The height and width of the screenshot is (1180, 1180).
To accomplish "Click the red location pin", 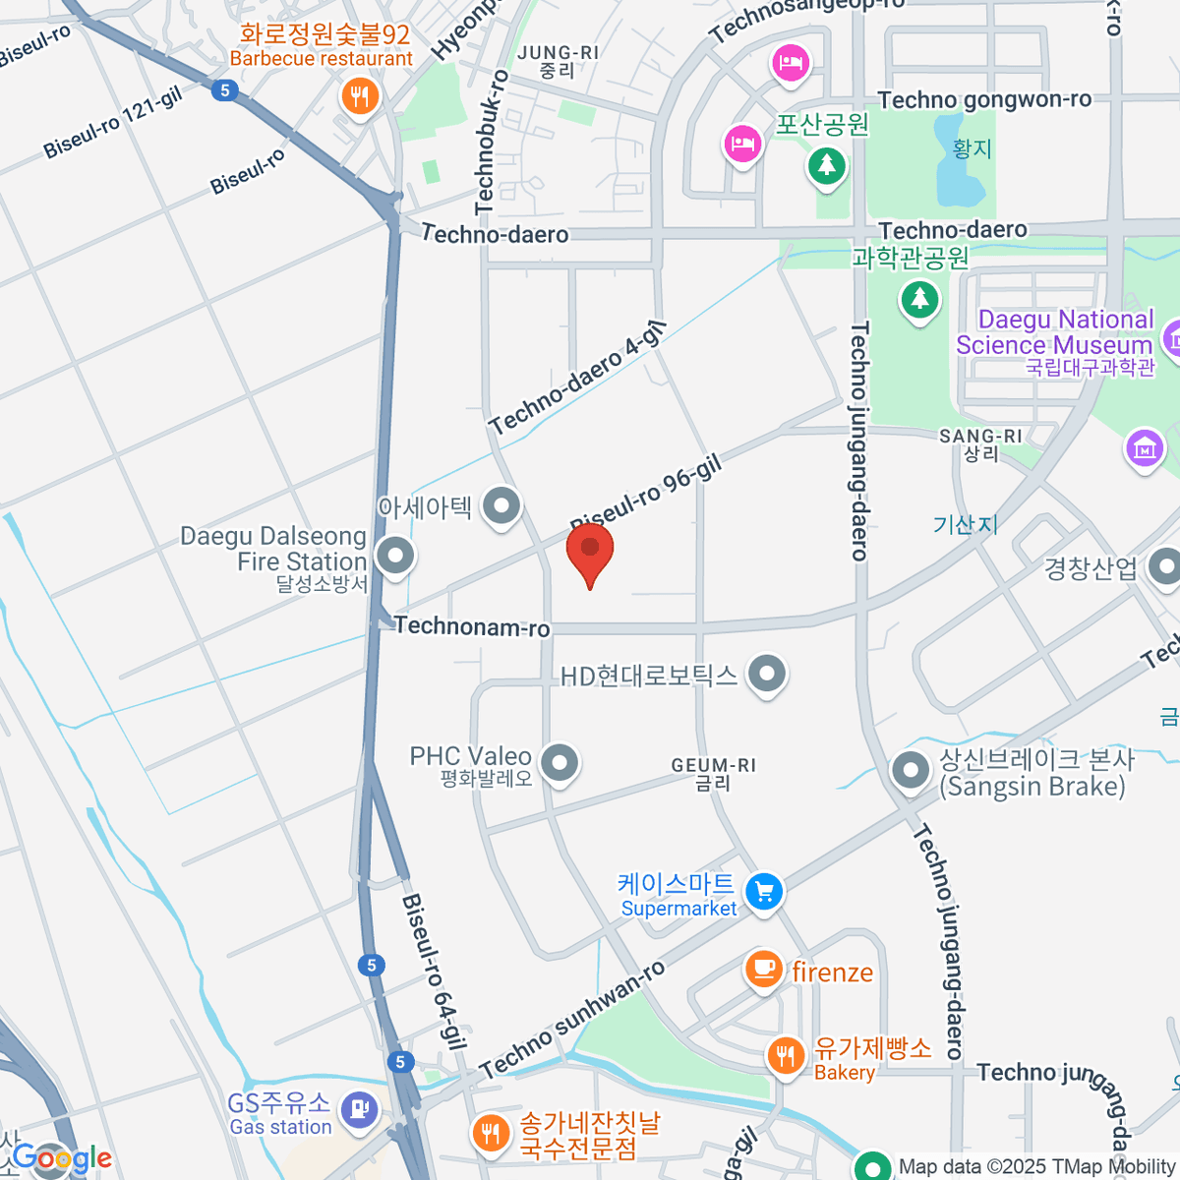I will pyautogui.click(x=590, y=551).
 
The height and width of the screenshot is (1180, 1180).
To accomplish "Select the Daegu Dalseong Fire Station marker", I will pyautogui.click(x=395, y=556).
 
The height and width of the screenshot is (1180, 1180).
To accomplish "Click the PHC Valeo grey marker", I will pyautogui.click(x=560, y=762).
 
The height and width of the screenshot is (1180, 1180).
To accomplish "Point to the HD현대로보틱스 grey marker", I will pyautogui.click(x=767, y=675).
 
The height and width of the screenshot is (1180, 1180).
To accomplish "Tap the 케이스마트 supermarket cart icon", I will pyautogui.click(x=764, y=892).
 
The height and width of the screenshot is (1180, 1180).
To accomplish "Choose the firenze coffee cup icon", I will pyautogui.click(x=763, y=969).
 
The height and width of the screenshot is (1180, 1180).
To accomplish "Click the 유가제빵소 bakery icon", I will pyautogui.click(x=785, y=1056).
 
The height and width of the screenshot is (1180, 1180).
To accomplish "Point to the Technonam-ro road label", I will pyautogui.click(x=472, y=626).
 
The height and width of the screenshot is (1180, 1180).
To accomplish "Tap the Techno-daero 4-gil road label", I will pyautogui.click(x=577, y=379).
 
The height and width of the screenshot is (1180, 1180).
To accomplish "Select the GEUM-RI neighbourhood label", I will pyautogui.click(x=713, y=773).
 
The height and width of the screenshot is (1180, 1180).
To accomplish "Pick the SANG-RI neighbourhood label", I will pyautogui.click(x=980, y=443).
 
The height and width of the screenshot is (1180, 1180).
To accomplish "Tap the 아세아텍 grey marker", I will pyautogui.click(x=502, y=507).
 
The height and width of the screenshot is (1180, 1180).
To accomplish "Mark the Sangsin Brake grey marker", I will pyautogui.click(x=910, y=770).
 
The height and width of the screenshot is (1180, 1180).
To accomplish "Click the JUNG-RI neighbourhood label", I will pyautogui.click(x=558, y=61).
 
